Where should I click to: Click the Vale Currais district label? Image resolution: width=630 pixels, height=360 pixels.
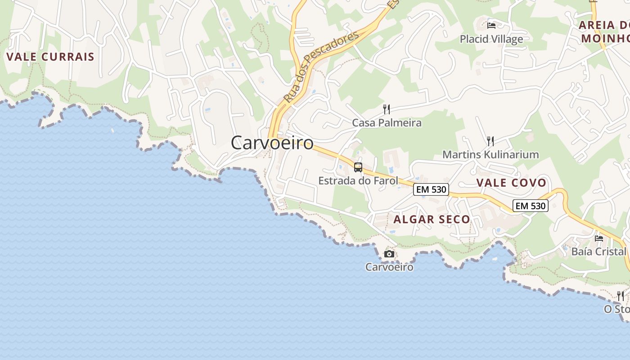(x=50, y=57)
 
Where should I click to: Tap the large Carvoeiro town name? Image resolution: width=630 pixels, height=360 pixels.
(x=272, y=143)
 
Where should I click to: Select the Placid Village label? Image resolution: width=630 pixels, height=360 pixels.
(x=491, y=39)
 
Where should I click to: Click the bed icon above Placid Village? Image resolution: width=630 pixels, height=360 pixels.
(x=491, y=26)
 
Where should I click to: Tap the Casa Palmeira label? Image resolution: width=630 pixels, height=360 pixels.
(x=387, y=122)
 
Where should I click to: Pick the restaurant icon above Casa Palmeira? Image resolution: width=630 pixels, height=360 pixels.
(x=386, y=109)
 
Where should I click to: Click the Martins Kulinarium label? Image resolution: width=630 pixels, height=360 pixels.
(x=490, y=154)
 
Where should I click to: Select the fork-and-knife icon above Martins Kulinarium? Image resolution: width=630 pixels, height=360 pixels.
(x=490, y=141)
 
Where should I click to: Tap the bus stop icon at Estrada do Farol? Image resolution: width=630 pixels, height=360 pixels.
(x=358, y=167)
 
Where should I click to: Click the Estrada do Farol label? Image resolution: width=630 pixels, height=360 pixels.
(x=358, y=181)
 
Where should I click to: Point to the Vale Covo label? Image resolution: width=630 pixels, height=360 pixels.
(x=511, y=183)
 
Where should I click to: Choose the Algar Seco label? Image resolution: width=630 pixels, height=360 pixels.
(x=432, y=219)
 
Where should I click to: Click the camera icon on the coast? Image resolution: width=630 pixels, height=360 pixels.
(x=389, y=254)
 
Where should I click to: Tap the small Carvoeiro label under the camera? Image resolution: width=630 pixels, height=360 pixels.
(x=389, y=267)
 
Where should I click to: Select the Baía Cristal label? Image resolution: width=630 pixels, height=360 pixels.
(x=598, y=251)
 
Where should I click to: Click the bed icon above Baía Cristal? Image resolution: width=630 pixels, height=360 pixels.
(x=599, y=238)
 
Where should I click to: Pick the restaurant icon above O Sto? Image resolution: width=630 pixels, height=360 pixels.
(x=621, y=296)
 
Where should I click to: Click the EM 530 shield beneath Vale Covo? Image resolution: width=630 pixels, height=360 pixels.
(x=531, y=206)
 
